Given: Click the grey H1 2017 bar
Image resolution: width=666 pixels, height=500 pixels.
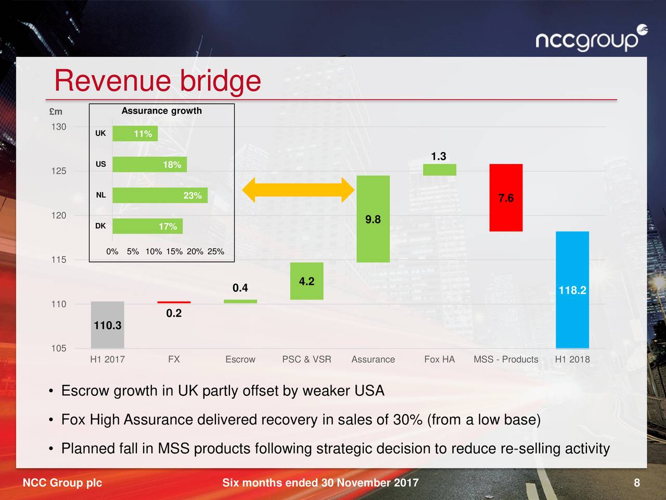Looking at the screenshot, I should click(107, 324).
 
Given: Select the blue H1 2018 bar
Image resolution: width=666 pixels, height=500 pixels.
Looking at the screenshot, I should click(572, 290).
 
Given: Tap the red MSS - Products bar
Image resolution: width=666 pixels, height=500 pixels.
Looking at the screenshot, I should click(506, 197).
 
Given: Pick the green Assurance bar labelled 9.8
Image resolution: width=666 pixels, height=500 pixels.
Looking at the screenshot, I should click(373, 219).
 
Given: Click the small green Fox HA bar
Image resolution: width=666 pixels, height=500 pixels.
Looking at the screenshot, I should click(440, 170).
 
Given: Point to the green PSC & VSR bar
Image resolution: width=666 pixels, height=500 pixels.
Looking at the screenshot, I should click(306, 281).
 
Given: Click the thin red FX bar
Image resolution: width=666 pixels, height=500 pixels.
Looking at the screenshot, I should click(174, 302).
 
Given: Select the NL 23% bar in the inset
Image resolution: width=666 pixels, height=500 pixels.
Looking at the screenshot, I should click(160, 195).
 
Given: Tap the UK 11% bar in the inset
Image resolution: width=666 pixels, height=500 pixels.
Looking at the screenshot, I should click(135, 134).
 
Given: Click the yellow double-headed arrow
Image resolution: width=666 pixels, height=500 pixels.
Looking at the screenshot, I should click(299, 190).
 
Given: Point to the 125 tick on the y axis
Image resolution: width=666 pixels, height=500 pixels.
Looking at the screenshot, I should click(59, 171).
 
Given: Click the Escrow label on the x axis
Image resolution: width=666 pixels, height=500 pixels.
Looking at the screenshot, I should click(240, 359).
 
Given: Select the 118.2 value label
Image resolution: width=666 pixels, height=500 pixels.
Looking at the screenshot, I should click(572, 290).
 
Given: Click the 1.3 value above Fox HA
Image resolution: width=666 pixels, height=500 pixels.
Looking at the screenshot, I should click(439, 156).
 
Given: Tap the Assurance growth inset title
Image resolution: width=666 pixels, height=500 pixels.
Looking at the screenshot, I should click(161, 111).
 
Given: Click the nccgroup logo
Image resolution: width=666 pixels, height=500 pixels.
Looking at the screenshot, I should click(591, 39).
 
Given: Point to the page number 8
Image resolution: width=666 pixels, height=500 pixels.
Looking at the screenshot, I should click(637, 483).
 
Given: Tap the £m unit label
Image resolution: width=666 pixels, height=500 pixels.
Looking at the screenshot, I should click(56, 111).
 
